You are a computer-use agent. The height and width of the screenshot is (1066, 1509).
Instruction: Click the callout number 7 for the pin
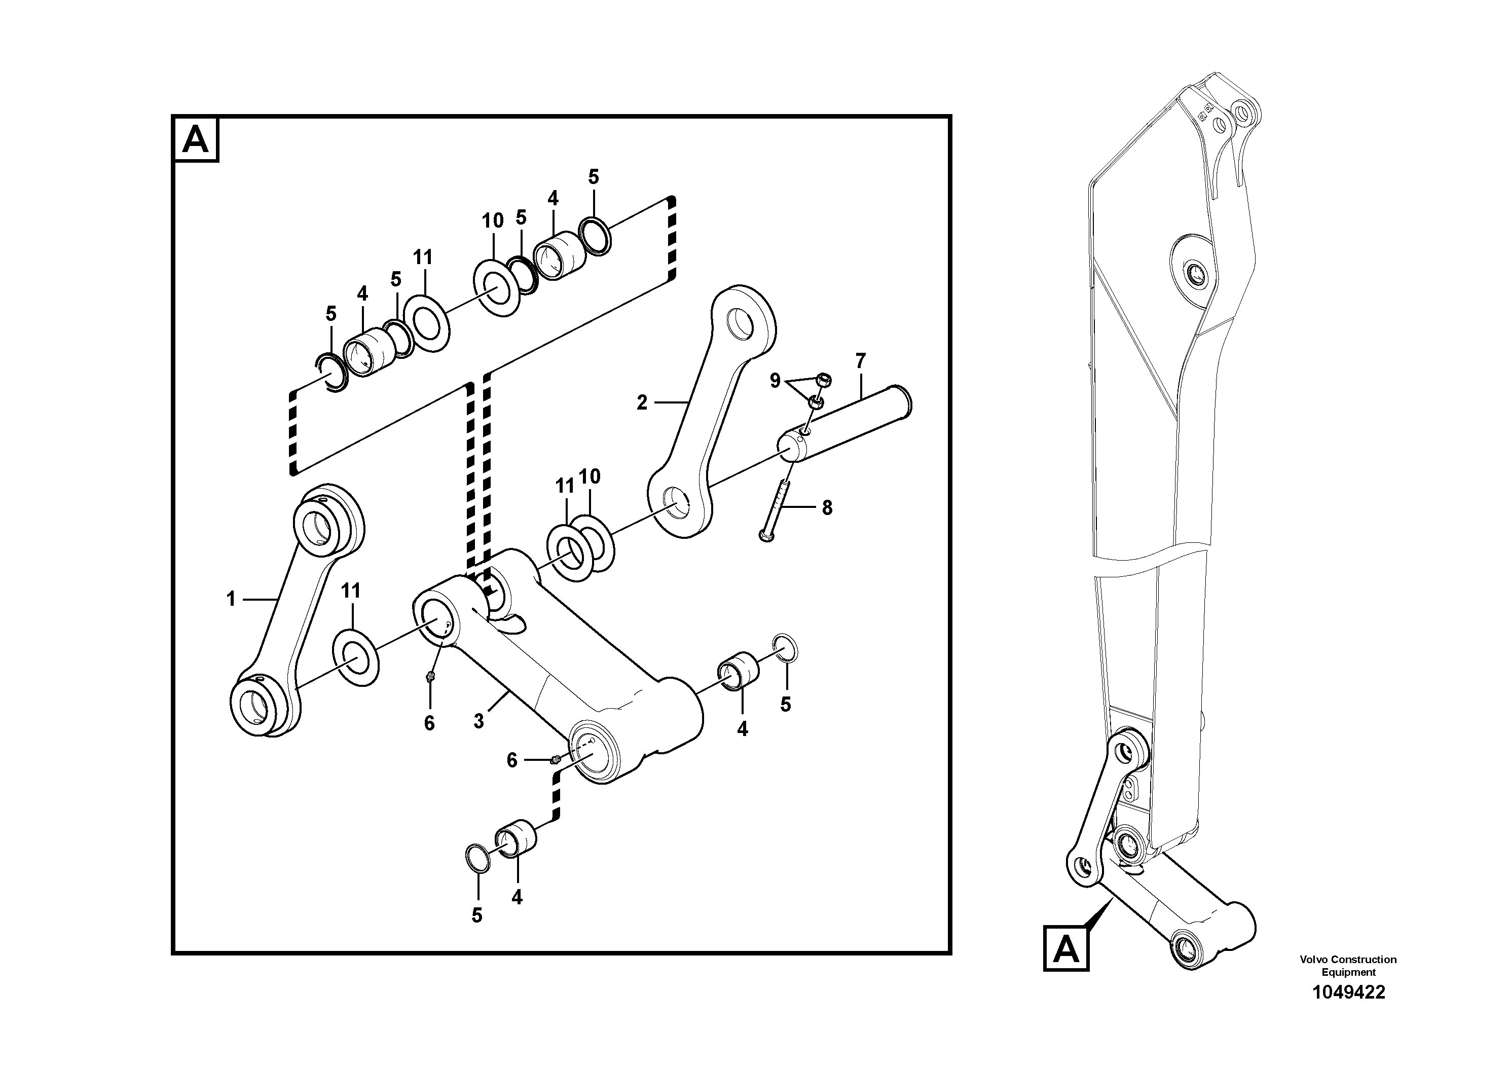tap(860, 361)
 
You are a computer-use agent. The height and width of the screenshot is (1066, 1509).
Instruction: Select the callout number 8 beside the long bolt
tap(827, 507)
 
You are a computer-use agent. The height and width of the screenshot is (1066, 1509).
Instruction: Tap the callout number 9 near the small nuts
tap(776, 381)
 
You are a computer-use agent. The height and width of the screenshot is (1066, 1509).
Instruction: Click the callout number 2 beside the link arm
tap(642, 402)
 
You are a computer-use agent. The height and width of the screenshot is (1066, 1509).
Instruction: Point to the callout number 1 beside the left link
tap(231, 599)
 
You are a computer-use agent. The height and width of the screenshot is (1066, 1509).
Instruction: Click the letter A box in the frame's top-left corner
tap(196, 140)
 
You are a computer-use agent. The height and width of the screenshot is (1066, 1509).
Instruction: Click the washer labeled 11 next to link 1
tap(357, 658)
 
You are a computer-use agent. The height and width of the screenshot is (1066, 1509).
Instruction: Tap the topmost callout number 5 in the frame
tap(594, 177)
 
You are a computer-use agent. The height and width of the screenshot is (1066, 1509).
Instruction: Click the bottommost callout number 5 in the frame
tap(477, 915)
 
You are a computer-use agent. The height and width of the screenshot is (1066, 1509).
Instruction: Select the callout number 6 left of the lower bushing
tap(512, 760)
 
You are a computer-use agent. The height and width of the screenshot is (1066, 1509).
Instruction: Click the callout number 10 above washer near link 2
tap(590, 476)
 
